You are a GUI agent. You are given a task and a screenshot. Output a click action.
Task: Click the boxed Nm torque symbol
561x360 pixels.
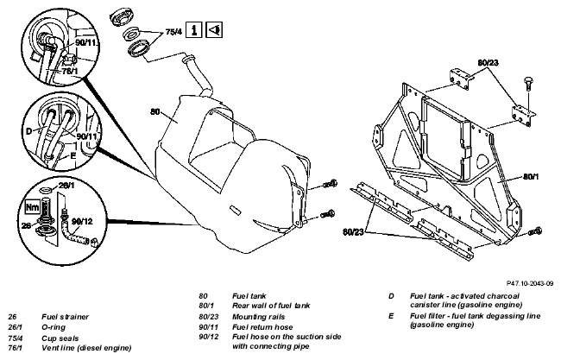coord(34,207)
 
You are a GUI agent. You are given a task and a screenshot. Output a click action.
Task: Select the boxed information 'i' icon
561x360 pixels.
coord(194,29)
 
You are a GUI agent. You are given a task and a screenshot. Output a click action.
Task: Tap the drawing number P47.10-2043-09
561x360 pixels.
coord(530,283)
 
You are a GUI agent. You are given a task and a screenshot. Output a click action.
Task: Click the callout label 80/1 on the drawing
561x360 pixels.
coord(531,177)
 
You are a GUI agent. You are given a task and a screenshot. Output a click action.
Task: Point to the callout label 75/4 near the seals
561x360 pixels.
coord(173,32)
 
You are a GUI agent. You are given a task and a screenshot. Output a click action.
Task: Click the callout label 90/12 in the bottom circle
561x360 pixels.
coord(82,222)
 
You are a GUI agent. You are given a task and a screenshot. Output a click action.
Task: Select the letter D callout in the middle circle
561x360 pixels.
coord(29,131)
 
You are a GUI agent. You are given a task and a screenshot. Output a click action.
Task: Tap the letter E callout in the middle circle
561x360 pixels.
coord(73,155)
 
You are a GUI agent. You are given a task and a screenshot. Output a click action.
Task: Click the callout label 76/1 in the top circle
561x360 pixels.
coord(70,71)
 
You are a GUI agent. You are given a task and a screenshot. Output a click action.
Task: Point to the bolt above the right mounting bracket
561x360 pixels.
coord(528,85)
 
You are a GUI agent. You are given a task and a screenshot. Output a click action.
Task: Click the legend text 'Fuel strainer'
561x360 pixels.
coord(65,317)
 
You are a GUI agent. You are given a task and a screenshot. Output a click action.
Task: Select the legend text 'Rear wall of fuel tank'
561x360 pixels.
coord(271,306)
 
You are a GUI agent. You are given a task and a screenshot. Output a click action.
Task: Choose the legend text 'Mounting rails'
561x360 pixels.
coord(258,317)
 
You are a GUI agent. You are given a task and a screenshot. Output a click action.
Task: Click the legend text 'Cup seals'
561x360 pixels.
coord(60,338)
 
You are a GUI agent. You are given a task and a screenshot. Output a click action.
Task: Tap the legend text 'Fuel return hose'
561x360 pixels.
coord(262,327)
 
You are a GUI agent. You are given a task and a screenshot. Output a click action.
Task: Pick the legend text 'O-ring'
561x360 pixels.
coord(54,327)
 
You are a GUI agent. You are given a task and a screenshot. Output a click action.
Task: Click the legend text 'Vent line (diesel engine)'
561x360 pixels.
coord(86,348)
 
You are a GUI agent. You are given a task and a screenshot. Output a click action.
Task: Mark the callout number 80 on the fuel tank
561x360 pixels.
coord(154,111)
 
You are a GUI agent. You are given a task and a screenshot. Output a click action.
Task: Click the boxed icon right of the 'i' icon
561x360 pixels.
coord(214,29)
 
